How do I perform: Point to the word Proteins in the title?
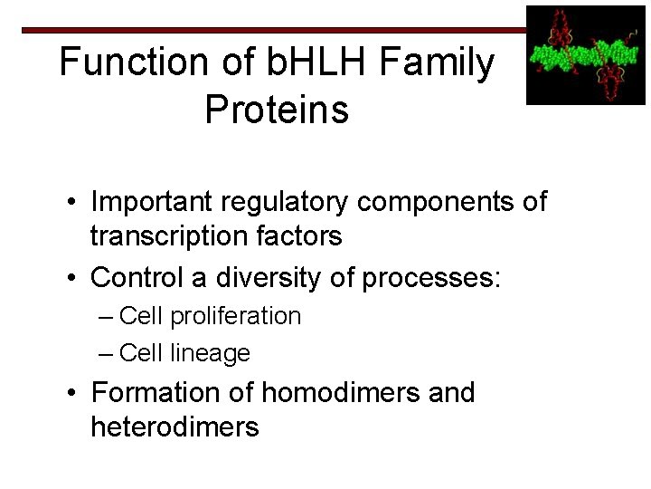(277, 110)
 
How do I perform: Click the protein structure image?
(586, 54)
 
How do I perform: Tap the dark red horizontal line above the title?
(271, 30)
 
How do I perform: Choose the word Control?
(137, 275)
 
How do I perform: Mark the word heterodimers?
(175, 427)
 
